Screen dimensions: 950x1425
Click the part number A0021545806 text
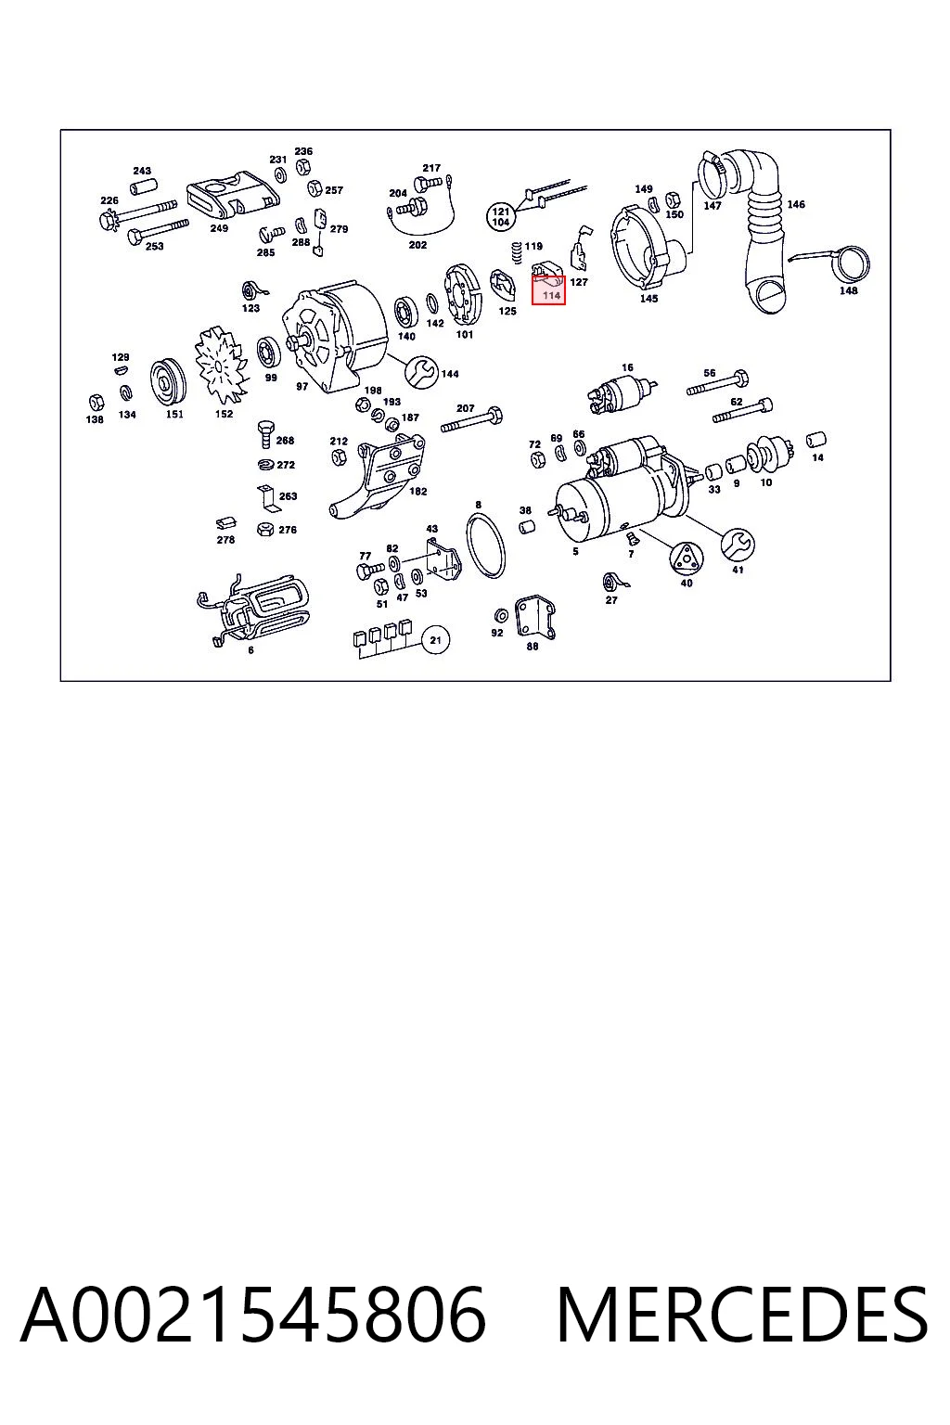pyautogui.click(x=253, y=1315)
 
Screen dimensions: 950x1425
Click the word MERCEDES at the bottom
pyautogui.click(x=742, y=1315)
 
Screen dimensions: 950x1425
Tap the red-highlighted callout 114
pyautogui.click(x=548, y=290)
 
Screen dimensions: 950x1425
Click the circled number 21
pyautogui.click(x=435, y=639)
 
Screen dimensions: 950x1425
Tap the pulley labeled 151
pyautogui.click(x=167, y=382)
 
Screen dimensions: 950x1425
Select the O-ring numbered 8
pyautogui.click(x=486, y=546)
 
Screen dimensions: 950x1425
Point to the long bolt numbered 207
pyautogui.click(x=471, y=420)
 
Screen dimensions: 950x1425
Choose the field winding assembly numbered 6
pyautogui.click(x=252, y=610)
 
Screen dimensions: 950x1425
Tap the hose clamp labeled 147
pyautogui.click(x=713, y=173)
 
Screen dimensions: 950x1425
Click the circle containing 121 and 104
pyautogui.click(x=501, y=216)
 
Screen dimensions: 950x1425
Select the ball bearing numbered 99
pyautogui.click(x=269, y=353)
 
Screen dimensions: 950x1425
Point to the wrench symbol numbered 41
pyautogui.click(x=737, y=544)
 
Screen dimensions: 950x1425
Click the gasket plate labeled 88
pyautogui.click(x=535, y=616)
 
